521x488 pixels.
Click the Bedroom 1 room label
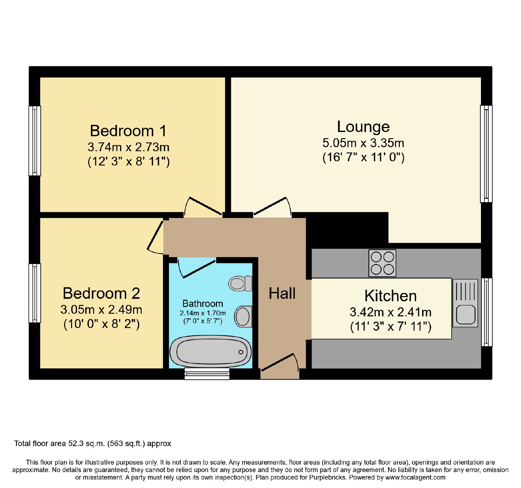[x=128, y=131]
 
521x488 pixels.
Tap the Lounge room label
[x=363, y=127]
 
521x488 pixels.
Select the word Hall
[x=282, y=293]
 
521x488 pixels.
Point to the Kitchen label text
[x=390, y=296]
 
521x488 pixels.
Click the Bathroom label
[x=203, y=304]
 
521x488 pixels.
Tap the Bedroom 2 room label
[x=101, y=293]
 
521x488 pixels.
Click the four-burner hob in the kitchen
[x=382, y=263]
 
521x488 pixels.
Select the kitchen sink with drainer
[x=465, y=303]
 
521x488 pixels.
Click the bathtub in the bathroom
[x=211, y=352]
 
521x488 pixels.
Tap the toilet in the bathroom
[x=240, y=284]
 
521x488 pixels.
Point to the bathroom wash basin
[x=243, y=316]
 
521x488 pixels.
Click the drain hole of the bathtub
[x=241, y=352]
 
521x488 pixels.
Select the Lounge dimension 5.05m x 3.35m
[x=363, y=143]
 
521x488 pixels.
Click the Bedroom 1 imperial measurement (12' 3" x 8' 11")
[x=129, y=162]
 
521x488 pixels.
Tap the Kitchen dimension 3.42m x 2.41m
[x=390, y=312]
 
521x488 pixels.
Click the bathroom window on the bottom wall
[x=207, y=374]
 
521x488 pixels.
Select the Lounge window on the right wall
[x=486, y=154]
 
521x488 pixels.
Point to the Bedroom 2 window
[x=35, y=293]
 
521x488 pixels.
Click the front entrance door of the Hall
[x=280, y=362]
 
